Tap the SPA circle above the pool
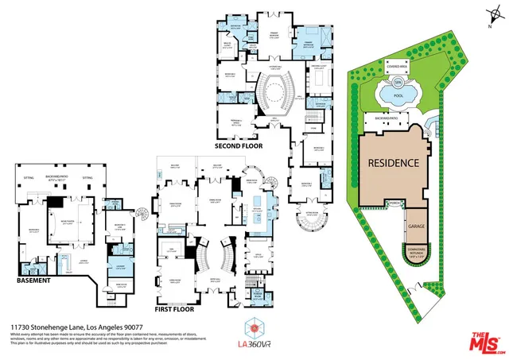(x=396, y=82)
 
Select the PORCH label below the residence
(x=395, y=203)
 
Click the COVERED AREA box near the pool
(x=398, y=68)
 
